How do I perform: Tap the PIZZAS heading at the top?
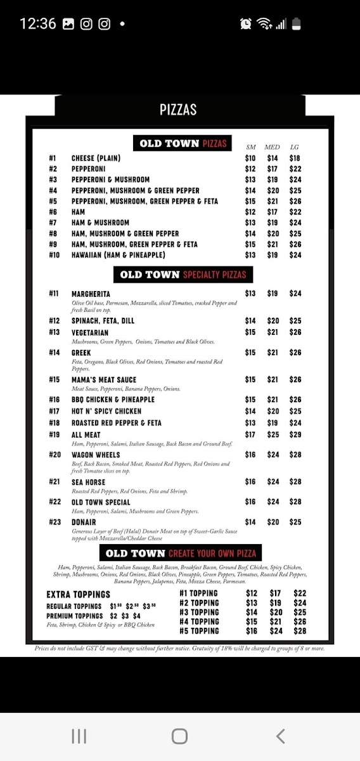178,110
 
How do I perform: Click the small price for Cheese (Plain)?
250,158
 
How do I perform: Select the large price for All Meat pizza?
295,434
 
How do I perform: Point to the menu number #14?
54,353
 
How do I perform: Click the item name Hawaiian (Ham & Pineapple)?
119,255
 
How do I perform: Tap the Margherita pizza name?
91,294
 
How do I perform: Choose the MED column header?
272,147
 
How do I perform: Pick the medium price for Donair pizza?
273,522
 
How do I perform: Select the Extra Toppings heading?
79,594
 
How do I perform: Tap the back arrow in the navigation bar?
280,736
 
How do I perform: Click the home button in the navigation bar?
179,736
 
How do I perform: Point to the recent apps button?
79,736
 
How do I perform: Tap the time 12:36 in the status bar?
38,24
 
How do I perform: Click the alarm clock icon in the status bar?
246,24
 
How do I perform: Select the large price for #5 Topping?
300,631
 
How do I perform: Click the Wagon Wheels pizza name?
96,455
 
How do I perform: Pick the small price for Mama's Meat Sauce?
250,380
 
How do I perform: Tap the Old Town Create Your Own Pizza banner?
181,553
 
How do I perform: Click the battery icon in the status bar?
297,24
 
